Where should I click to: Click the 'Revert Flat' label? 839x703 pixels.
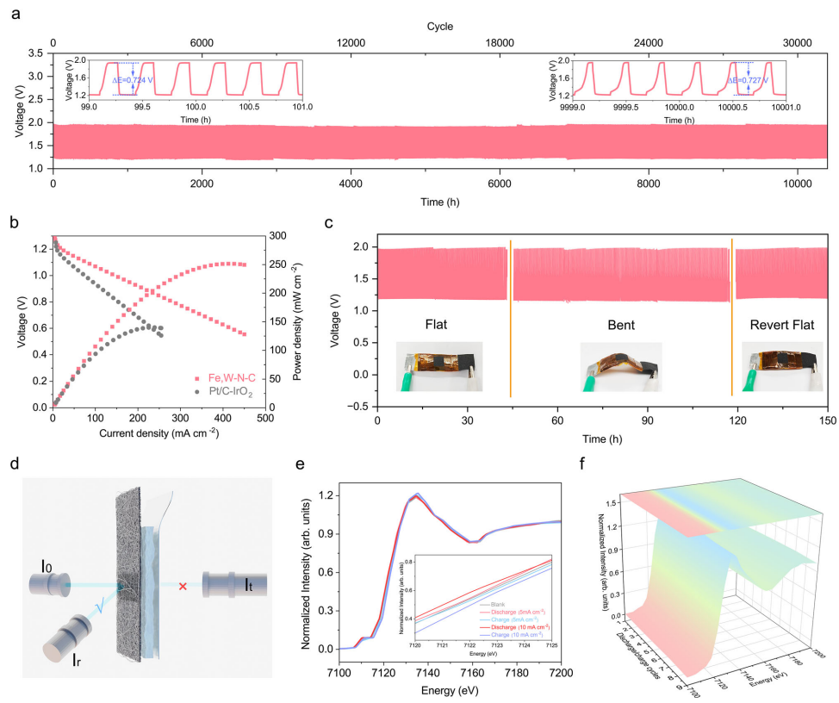[x=779, y=327]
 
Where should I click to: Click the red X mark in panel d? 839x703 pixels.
[x=182, y=587]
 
